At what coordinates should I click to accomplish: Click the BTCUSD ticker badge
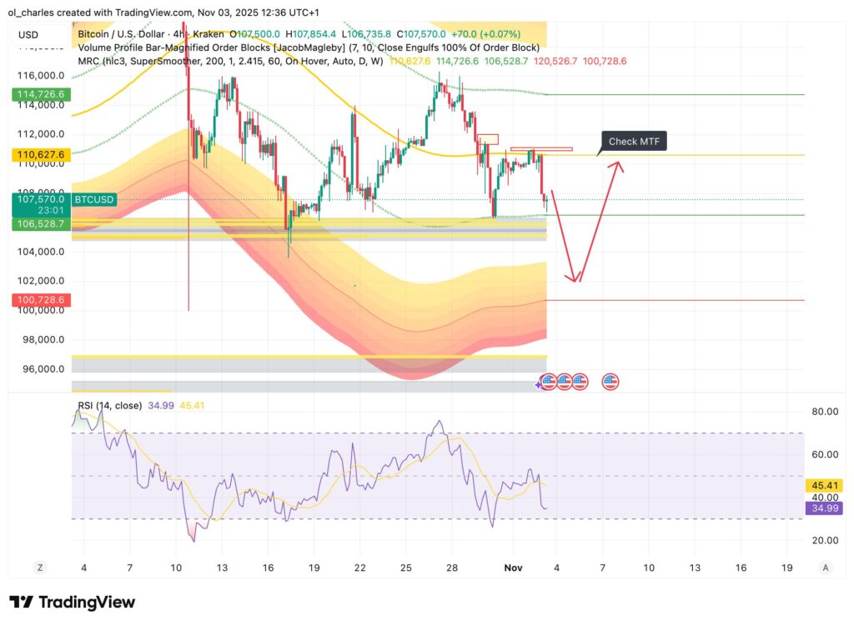pyautogui.click(x=94, y=200)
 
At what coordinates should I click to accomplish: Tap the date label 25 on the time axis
pyautogui.click(x=405, y=567)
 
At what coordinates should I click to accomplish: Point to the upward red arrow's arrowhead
pyautogui.click(x=618, y=164)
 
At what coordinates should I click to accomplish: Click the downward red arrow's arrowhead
pyautogui.click(x=573, y=278)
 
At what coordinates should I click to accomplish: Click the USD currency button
pyautogui.click(x=29, y=35)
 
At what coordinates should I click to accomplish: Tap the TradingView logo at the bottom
pyautogui.click(x=72, y=602)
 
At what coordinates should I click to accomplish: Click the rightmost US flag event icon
pyautogui.click(x=610, y=382)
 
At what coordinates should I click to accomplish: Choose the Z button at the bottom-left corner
pyautogui.click(x=39, y=567)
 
